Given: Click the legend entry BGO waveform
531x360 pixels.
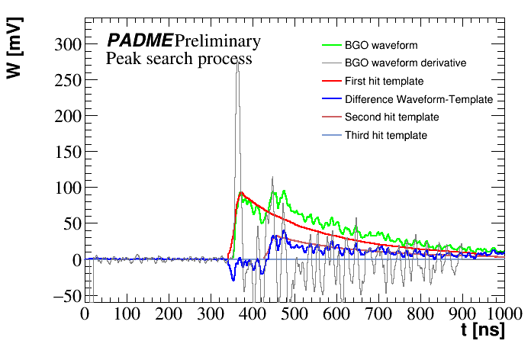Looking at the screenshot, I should pos(381,45).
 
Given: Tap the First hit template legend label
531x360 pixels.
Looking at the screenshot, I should pos(384,81).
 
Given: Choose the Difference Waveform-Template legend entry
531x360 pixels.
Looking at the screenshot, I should pos(418,99).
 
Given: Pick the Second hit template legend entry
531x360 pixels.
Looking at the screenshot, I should pos(391,117).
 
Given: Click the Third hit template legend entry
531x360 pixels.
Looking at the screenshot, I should pos(385,135).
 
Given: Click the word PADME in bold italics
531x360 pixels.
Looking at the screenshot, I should pos(140,40).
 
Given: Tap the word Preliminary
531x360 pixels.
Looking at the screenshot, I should pos(217,40).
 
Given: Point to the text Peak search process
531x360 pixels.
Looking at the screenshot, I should pos(179,58).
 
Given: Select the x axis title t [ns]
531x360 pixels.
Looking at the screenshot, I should pos(482,331).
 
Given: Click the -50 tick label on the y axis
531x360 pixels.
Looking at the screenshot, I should pos(67,295).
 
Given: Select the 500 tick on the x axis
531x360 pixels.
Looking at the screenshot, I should pos(294,313).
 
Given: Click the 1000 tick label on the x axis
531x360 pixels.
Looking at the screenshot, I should pos(502,313).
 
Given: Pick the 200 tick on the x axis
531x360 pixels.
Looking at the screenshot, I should pos(169,313).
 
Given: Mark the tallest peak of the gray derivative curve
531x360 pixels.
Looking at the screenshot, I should pos(237,61).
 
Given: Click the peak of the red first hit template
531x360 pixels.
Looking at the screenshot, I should pos(241,192).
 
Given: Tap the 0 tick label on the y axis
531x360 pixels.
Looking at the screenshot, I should pos(76,259).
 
